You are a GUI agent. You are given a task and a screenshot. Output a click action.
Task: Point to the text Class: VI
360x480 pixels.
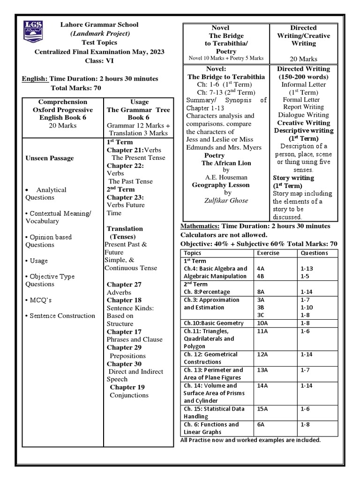[x=99, y=60]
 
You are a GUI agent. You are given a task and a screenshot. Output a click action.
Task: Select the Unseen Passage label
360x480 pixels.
[x=49, y=158]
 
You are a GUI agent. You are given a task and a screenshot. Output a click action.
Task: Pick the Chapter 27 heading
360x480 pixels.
[x=124, y=284]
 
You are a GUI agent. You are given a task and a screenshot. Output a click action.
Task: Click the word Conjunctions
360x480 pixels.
[x=129, y=395]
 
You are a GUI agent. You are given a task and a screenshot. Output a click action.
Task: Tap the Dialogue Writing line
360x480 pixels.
[x=303, y=114]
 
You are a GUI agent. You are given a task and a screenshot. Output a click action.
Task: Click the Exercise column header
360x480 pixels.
[x=268, y=253]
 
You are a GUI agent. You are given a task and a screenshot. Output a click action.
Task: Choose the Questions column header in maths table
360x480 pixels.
[x=315, y=253]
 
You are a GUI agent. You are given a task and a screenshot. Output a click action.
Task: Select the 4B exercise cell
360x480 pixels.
[x=261, y=276]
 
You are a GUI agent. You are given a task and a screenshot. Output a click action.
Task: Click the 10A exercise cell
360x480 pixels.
[x=262, y=323]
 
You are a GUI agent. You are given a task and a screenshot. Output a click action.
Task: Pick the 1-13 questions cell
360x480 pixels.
[x=307, y=269]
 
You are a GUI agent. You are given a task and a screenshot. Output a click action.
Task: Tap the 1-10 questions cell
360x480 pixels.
[x=307, y=307]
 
